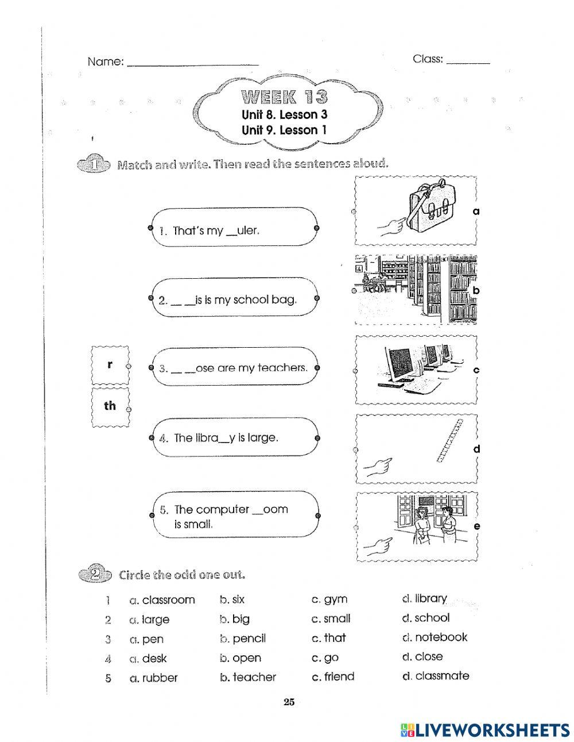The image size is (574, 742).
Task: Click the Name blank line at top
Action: click(192, 63)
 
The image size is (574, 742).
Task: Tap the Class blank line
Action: click(468, 60)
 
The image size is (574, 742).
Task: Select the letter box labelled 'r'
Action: click(110, 365)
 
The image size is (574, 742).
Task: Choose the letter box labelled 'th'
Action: click(110, 406)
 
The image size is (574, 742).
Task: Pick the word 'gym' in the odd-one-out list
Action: click(336, 599)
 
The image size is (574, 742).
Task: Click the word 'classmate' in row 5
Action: click(441, 676)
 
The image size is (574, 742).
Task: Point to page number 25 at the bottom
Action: click(289, 702)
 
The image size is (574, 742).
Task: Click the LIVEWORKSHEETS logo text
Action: click(491, 730)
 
